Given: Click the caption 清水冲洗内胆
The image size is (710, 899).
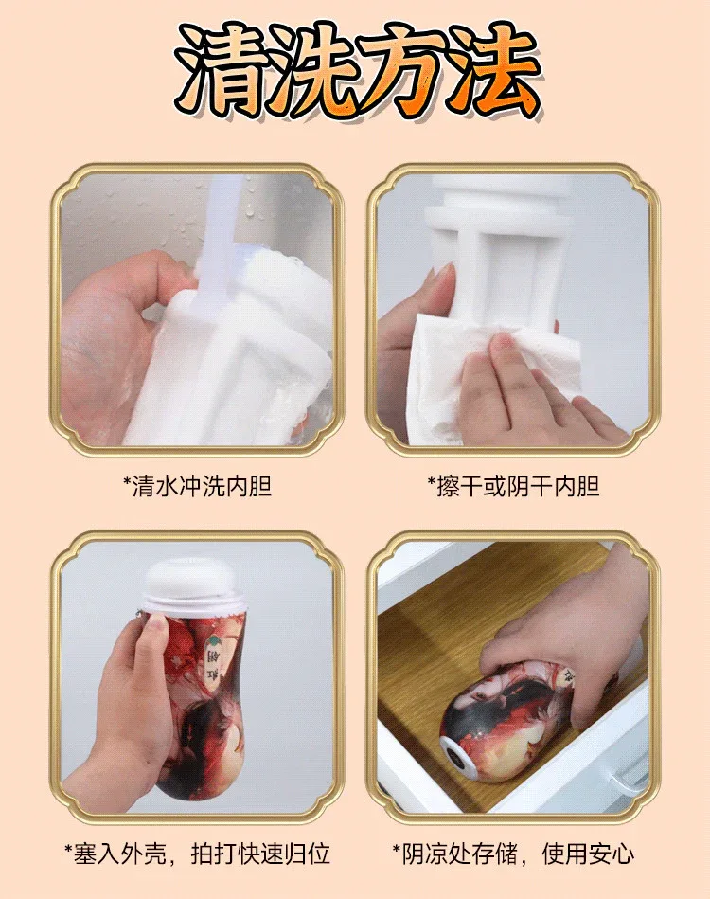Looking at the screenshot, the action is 197,486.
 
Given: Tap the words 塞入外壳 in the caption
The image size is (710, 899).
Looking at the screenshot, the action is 115,854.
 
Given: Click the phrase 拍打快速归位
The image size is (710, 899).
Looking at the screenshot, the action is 260,854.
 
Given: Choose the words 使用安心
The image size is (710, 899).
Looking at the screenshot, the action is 588,854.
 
